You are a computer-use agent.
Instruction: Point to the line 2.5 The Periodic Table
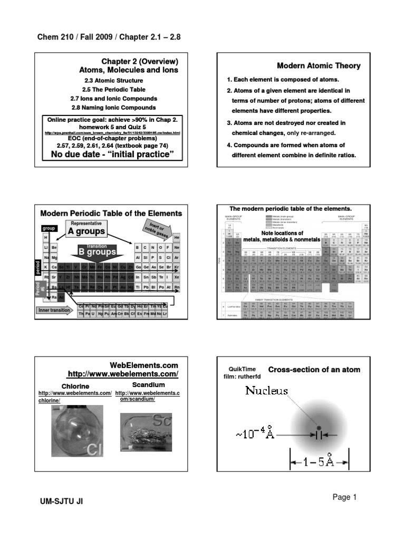coord(113,90)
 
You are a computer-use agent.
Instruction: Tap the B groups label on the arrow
coord(97,252)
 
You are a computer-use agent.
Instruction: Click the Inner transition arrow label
coord(55,310)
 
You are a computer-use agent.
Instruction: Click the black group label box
coord(49,229)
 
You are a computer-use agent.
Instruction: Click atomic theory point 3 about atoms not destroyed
coord(285,127)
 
